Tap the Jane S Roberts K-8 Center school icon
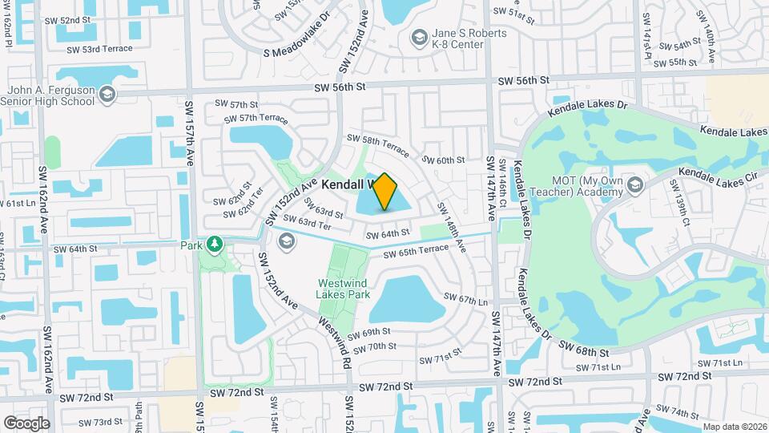pos(419,38)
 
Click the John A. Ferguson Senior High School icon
pos(107,96)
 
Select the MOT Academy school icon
pos(635,186)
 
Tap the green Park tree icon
pos(214,244)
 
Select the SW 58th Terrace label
pos(378,145)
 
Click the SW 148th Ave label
pos(450,229)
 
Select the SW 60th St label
pos(443,160)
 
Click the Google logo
pos(26,423)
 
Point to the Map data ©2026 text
pos(733,427)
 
